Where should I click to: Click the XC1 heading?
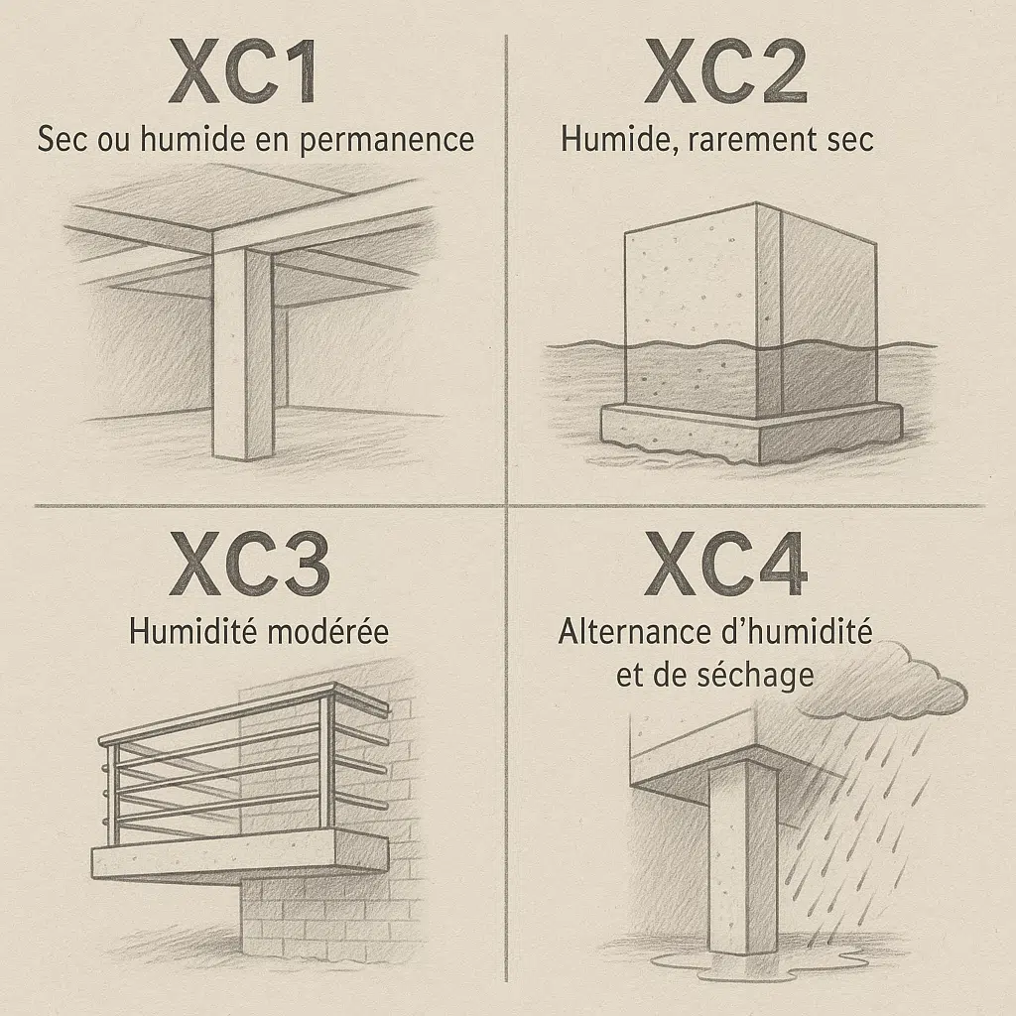click(x=244, y=71)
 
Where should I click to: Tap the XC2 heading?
click(x=725, y=71)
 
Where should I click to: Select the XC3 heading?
click(x=249, y=564)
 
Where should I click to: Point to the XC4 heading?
click(x=725, y=564)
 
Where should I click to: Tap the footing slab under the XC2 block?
click(x=752, y=431)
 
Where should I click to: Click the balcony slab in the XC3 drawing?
click(x=240, y=856)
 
